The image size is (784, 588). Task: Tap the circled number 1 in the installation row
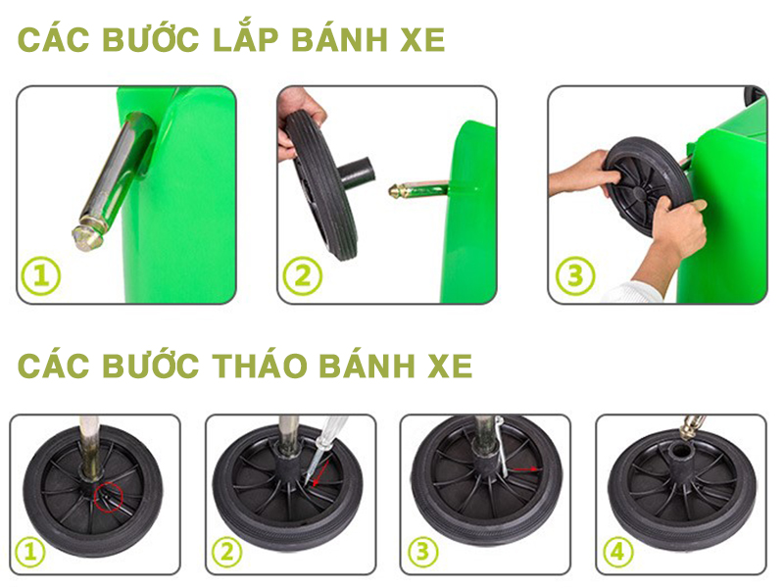pos(41,275)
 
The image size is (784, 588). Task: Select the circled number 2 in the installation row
pos(302,275)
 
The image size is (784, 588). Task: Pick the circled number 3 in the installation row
pos(575,275)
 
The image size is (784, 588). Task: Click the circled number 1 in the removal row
pos(30,553)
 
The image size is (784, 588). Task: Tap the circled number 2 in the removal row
pos(226,553)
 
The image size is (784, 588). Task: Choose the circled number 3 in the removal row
pos(422,553)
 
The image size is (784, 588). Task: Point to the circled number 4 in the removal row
pos(617,553)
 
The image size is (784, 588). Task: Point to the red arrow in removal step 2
pos(320,473)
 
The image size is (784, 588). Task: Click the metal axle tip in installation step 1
pos(86,236)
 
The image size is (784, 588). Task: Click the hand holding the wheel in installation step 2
pos(297,120)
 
